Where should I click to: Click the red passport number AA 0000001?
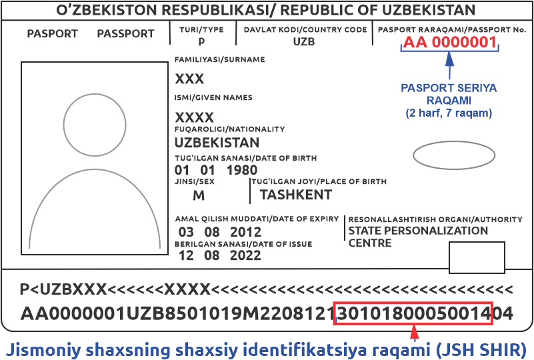pos(449,43)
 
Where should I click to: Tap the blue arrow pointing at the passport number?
pos(449,66)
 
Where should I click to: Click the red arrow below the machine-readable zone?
pos(415,333)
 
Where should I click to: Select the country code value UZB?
pos(304,42)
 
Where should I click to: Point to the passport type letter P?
pos(201,41)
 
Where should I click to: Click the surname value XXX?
pos(189,79)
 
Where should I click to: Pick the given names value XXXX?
pos(194,118)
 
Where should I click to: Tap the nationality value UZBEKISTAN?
pos(217,143)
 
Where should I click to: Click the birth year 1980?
pos(242,170)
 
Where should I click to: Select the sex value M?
pos(199,195)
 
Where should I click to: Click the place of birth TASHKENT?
pos(296,195)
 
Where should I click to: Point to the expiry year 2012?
pos(245,232)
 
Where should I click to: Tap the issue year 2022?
pos(245,255)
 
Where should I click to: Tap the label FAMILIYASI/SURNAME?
pos(219,59)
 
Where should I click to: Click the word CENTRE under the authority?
pos(370,243)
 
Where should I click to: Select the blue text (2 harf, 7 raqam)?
pos(449,113)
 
